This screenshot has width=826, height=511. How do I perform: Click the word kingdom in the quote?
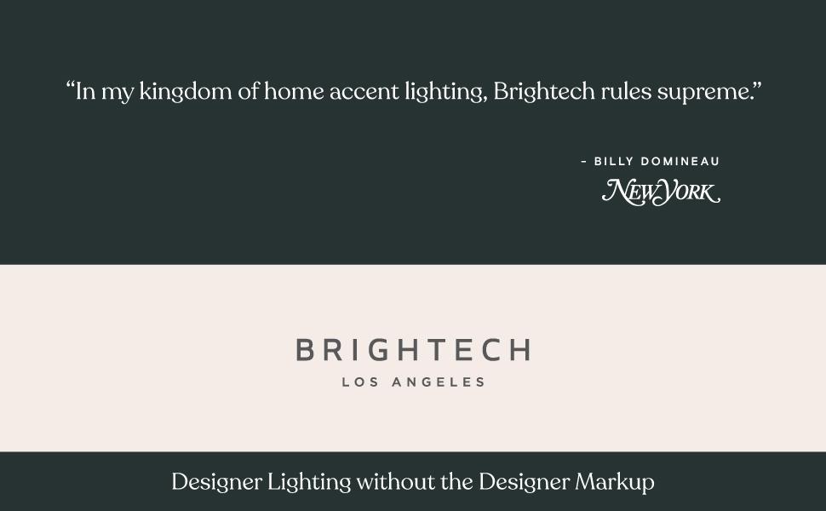(185, 92)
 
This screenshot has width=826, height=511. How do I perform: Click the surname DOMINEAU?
(680, 161)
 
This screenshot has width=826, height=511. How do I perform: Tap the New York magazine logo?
(661, 192)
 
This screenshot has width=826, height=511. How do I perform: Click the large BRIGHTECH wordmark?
(413, 349)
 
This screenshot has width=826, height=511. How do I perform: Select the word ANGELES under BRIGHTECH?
(438, 382)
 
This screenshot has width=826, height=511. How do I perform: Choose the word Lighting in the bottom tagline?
(308, 483)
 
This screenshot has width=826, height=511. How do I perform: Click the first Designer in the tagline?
(216, 483)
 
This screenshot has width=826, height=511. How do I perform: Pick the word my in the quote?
(118, 93)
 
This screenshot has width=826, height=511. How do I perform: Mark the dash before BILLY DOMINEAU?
(583, 161)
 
